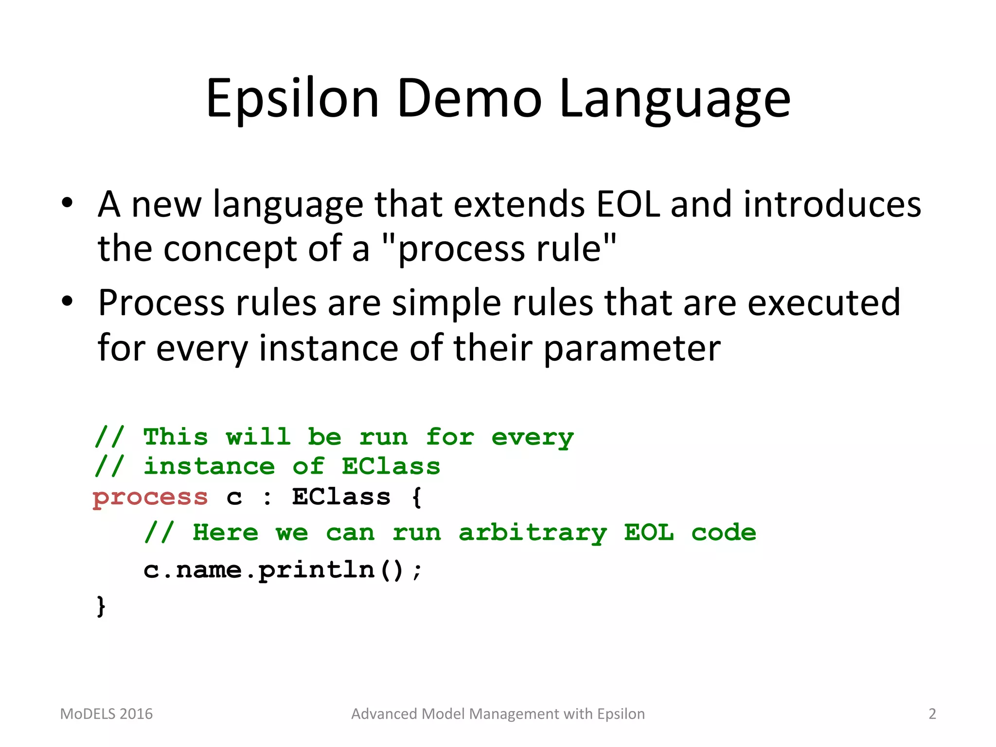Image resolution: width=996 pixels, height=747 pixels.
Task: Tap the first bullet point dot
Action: click(67, 202)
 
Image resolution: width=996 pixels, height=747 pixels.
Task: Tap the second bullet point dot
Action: click(67, 302)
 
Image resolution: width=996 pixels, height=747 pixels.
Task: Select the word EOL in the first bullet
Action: click(628, 204)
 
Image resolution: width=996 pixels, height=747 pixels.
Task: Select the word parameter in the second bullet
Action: click(632, 349)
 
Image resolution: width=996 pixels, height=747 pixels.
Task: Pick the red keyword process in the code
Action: click(150, 498)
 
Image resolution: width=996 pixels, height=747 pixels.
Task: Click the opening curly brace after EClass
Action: click(417, 498)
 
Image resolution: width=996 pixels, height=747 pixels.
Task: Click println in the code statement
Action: click(316, 570)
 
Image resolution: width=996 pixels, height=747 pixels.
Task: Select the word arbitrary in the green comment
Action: click(533, 533)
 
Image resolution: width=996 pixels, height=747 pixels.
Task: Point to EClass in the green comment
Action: click(391, 466)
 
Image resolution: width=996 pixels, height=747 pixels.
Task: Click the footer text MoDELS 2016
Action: click(106, 713)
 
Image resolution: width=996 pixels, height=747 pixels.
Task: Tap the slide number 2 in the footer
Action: click(932, 713)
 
